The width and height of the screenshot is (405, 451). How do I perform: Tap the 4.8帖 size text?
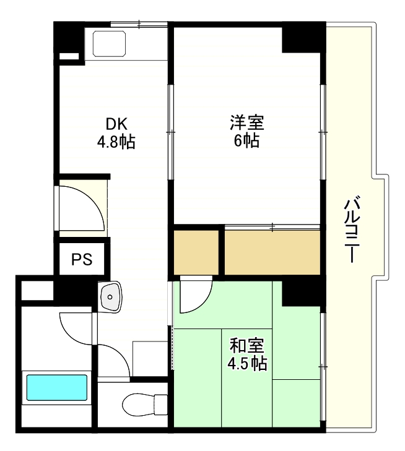[x=116, y=142]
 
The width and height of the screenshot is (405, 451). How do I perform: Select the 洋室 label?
[x=247, y=122]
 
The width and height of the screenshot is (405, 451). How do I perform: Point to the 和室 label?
[x=247, y=345]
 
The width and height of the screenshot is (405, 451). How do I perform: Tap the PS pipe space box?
[x=82, y=259]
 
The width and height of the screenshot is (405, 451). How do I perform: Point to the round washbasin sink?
[x=110, y=296]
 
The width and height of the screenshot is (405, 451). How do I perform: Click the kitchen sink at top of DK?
[x=110, y=43]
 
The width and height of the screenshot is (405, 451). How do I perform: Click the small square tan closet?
[x=196, y=252]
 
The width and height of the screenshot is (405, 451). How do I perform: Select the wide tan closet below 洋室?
[x=271, y=252]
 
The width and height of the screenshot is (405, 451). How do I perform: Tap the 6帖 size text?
[x=247, y=141]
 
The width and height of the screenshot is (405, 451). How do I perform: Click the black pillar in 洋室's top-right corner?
[x=303, y=38]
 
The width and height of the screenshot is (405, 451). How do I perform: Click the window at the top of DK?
[x=139, y=25]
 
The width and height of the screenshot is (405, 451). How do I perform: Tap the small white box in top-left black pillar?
[x=69, y=58]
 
